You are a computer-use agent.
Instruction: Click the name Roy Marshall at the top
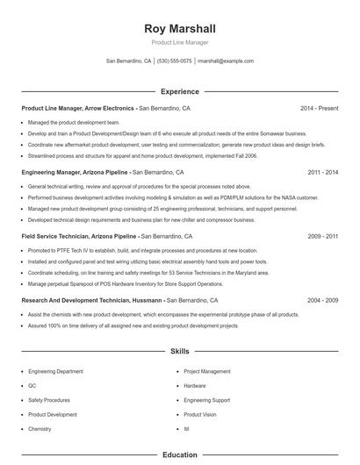pos(179,29)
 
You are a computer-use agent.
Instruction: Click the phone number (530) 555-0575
pos(175,61)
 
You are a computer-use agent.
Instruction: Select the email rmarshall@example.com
pos(226,61)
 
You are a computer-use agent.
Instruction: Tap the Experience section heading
pos(179,91)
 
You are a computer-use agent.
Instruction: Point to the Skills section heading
pos(179,351)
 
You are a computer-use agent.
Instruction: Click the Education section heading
pos(179,455)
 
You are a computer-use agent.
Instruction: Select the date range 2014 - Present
pos(319,108)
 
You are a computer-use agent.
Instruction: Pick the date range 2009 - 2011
pos(322,237)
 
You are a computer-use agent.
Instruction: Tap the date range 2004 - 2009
pos(322,300)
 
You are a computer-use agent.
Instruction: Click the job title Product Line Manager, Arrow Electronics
pos(77,108)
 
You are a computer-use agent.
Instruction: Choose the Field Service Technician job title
pos(79,237)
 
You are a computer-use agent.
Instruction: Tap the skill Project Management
pos(207,371)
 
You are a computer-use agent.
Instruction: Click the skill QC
pos(32,386)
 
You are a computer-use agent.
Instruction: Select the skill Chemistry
pos(40,429)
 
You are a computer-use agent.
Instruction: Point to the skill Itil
pos(186,429)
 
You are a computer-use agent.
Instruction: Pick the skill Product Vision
pos(200,414)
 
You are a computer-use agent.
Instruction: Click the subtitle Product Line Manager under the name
pos(179,43)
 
